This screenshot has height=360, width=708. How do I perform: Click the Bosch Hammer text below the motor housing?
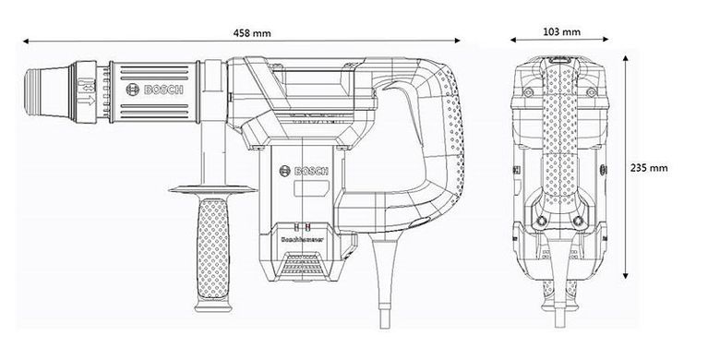(x=299, y=236)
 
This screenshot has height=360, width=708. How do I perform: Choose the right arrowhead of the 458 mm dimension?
(x=459, y=42)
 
